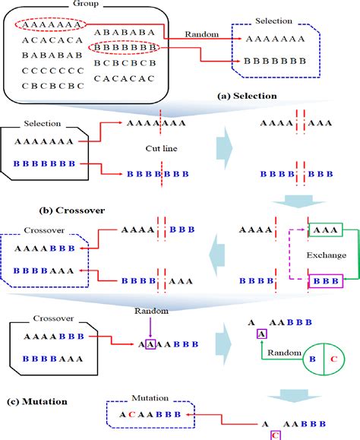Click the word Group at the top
coord(64,4)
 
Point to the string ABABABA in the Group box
coord(125,33)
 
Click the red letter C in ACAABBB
coord(131,415)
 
